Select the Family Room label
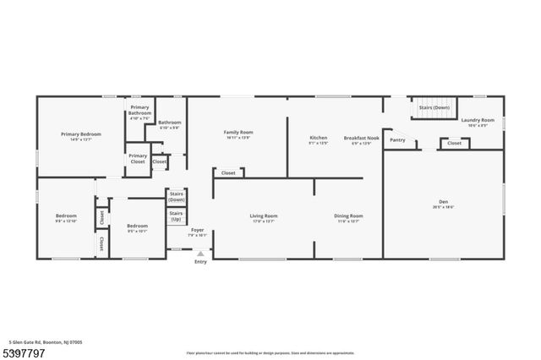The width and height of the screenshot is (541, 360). (x=238, y=134)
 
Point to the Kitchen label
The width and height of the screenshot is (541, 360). (x=318, y=139)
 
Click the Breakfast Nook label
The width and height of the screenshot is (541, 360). (x=361, y=139)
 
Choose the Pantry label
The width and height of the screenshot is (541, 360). (x=397, y=140)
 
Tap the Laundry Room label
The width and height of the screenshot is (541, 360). (x=478, y=121)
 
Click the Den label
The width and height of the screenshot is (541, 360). (x=443, y=204)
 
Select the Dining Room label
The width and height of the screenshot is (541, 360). (x=348, y=217)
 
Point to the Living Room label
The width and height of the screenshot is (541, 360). (x=264, y=217)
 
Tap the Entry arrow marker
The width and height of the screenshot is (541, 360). (x=200, y=253)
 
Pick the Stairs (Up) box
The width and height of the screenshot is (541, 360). (x=177, y=215)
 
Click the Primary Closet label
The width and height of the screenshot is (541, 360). (x=138, y=158)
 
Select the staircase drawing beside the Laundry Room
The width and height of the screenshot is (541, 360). (x=434, y=108)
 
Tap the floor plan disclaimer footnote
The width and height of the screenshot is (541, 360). (x=270, y=352)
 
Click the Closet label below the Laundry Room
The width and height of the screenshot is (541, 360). (x=454, y=144)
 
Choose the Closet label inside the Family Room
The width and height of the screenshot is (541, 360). (x=228, y=173)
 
